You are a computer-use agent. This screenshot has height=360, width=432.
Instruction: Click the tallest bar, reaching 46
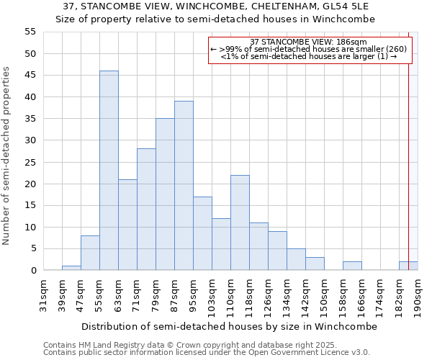(109, 171)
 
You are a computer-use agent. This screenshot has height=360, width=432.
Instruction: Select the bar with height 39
(184, 186)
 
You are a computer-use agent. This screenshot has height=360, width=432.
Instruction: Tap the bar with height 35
(165, 194)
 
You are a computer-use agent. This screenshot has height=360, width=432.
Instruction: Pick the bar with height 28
(146, 210)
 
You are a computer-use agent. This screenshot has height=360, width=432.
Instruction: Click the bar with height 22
(240, 222)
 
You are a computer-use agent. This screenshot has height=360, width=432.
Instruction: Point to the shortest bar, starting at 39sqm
(71, 268)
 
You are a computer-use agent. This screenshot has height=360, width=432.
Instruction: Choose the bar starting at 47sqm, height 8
(90, 253)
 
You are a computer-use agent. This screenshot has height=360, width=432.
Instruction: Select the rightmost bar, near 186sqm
(408, 266)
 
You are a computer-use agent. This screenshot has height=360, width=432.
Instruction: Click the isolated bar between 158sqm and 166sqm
(352, 266)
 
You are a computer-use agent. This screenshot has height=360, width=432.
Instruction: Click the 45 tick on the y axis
(30, 76)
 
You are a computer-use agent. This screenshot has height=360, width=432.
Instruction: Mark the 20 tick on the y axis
(30, 184)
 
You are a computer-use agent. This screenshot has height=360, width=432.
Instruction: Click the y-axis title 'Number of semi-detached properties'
(7, 156)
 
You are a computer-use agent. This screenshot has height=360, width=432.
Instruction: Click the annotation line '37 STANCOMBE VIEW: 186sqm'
(309, 42)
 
